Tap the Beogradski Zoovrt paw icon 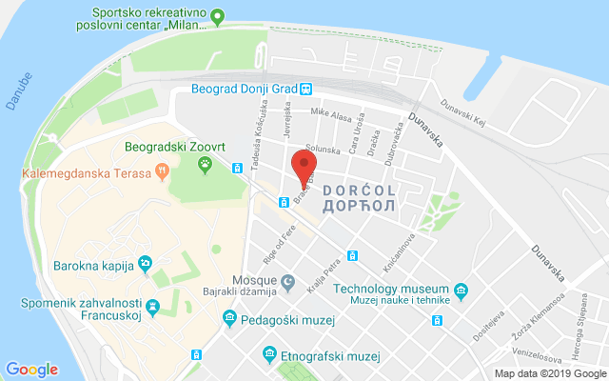[x=205, y=165]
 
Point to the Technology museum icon [x=462, y=291]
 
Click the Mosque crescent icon [x=287, y=283]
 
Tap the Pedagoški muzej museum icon [x=229, y=319]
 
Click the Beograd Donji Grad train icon [x=306, y=90]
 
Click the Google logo [x=31, y=370]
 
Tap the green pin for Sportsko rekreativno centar [x=217, y=15]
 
